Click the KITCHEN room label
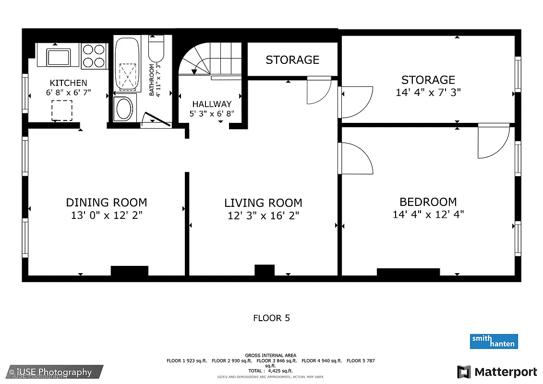tap(69, 83)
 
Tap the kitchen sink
tap(58, 57)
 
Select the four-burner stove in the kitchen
tap(94, 56)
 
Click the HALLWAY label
tap(212, 104)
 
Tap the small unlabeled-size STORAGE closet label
tap(292, 60)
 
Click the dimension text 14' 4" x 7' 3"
tap(428, 92)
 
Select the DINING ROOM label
tap(107, 203)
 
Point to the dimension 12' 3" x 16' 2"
tap(263, 216)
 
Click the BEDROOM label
tap(428, 202)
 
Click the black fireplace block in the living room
tap(264, 270)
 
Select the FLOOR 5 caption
tap(271, 318)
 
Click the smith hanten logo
tap(494, 341)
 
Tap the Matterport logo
tap(497, 372)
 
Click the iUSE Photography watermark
tap(50, 372)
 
